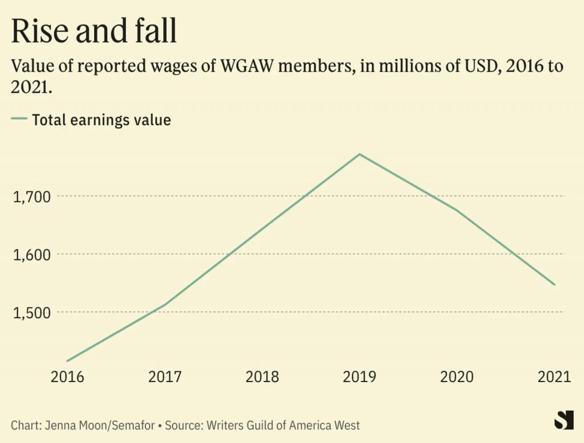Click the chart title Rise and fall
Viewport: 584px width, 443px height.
[x=94, y=31]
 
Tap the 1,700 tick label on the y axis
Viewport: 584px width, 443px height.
[x=32, y=196]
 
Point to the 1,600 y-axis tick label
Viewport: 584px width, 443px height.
[x=32, y=255]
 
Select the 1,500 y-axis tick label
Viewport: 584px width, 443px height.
[x=32, y=313]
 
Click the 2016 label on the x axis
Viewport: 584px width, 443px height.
[x=67, y=377]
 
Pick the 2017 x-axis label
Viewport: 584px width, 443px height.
[x=165, y=377]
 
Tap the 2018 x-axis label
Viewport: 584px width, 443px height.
[x=262, y=377]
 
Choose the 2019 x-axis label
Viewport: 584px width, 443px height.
[x=359, y=377]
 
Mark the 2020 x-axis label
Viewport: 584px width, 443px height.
[x=457, y=377]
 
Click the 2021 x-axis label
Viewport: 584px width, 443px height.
[x=554, y=377]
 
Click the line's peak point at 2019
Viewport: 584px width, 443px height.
[x=359, y=154]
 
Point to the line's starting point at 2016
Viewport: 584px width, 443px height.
[x=67, y=361]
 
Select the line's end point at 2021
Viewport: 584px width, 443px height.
[x=554, y=285]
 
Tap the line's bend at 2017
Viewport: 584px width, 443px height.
[x=165, y=305]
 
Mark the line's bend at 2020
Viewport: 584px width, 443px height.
[x=457, y=211]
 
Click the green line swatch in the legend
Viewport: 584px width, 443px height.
[x=19, y=118]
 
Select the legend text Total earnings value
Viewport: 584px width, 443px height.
[x=102, y=120]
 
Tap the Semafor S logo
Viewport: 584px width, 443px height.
[x=564, y=420]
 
